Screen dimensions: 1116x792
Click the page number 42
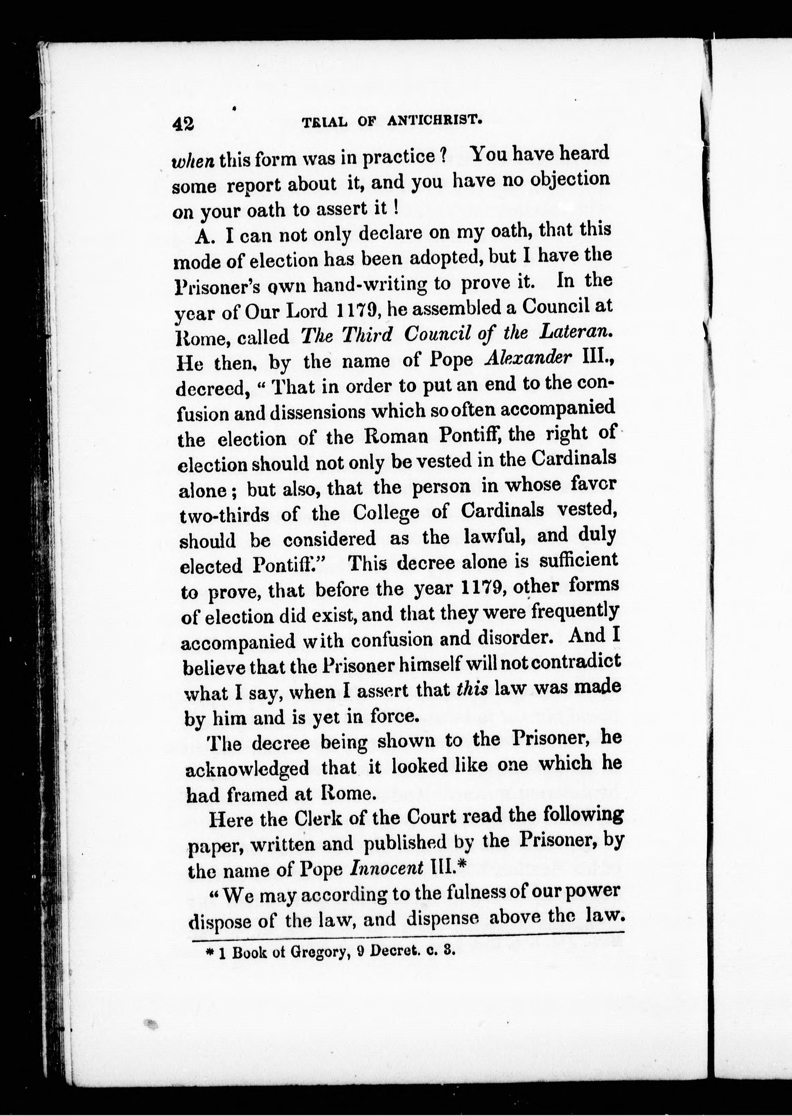(183, 124)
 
